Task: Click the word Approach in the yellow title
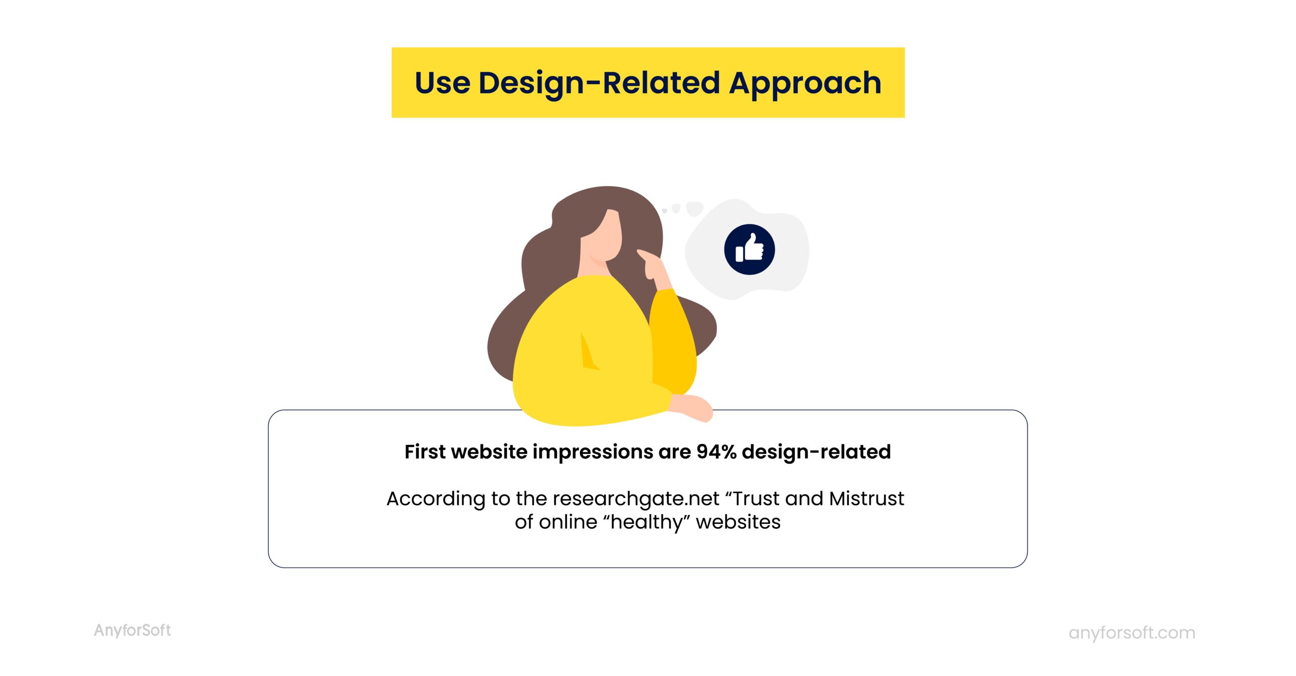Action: click(805, 83)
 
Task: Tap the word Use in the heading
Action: click(442, 83)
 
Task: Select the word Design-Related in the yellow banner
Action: click(599, 83)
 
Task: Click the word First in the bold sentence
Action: click(424, 452)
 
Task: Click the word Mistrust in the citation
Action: click(866, 499)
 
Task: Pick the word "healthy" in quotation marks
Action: click(646, 522)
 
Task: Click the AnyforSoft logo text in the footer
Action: click(132, 630)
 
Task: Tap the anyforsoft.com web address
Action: click(1131, 633)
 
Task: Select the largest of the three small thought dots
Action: click(695, 208)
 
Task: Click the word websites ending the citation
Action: click(738, 522)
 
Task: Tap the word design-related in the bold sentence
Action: click(816, 452)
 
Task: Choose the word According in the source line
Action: click(435, 499)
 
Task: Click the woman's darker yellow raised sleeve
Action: click(673, 340)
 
